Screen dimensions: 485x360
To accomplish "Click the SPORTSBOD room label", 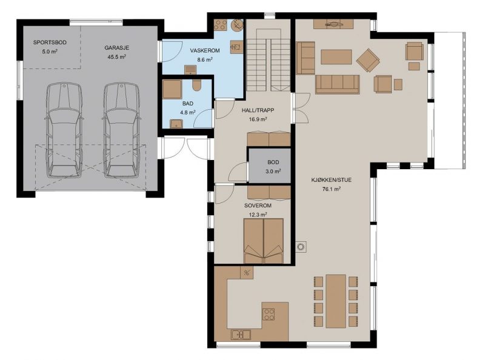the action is click(x=50, y=42).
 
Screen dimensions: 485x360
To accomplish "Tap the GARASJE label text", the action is click(x=116, y=48).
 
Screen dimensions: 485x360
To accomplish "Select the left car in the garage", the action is click(x=64, y=130).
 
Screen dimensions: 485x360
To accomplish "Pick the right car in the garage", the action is click(x=122, y=130).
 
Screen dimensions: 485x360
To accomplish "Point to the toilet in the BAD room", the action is click(x=196, y=85).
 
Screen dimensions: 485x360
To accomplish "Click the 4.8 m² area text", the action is click(x=188, y=112).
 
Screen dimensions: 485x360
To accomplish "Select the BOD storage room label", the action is click(x=273, y=162).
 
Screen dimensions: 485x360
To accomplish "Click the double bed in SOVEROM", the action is click(x=264, y=241).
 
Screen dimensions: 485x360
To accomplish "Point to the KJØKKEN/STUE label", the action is click(x=331, y=179).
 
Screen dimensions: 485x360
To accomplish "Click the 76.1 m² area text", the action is click(x=331, y=188).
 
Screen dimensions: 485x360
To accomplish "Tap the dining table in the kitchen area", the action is click(x=336, y=301).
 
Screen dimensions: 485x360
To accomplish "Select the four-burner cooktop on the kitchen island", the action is click(x=269, y=315).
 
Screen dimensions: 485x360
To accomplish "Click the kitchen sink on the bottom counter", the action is click(x=241, y=335).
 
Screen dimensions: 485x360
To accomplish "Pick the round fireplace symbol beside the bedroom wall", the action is click(x=301, y=247).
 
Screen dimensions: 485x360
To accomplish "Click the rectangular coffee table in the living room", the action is click(x=336, y=57).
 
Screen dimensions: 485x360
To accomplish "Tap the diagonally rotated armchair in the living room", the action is click(x=368, y=61).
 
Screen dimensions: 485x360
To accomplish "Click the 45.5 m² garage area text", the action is click(x=116, y=57).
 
